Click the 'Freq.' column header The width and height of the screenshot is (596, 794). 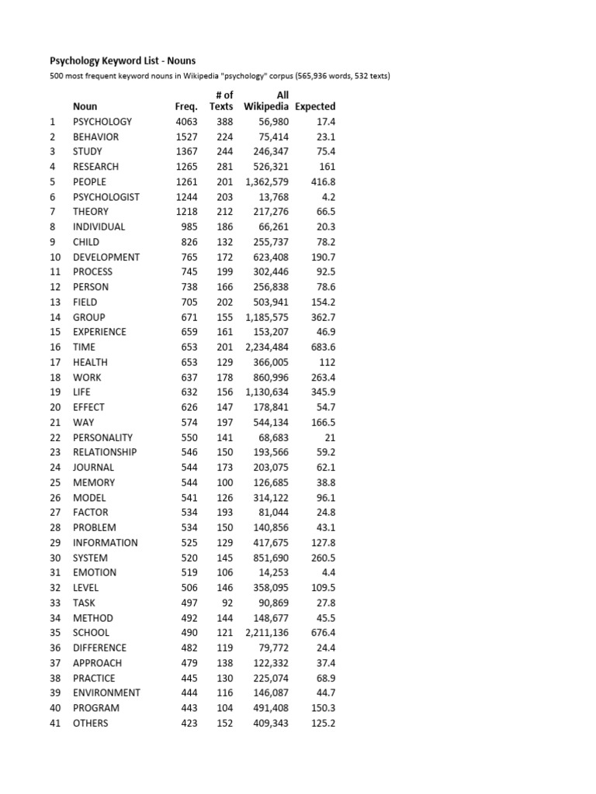[186, 106]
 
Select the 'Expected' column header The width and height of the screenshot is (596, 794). [315, 106]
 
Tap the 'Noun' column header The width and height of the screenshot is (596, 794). [85, 106]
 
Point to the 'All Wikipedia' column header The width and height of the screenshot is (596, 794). [266, 101]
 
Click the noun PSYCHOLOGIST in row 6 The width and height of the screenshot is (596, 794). [106, 197]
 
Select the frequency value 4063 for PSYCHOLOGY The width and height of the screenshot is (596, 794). [186, 122]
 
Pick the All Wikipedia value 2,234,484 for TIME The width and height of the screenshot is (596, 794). [267, 347]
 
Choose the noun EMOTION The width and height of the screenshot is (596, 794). [95, 573]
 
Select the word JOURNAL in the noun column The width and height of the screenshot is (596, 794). [93, 468]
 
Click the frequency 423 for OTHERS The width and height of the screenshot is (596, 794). [189, 723]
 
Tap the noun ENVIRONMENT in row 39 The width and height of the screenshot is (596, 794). [106, 693]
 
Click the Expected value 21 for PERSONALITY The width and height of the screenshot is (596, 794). [329, 437]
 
